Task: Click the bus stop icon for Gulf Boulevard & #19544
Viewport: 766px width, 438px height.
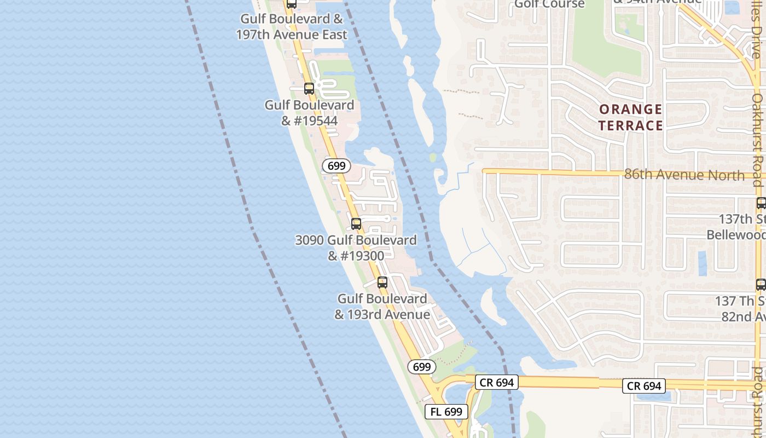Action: (x=309, y=88)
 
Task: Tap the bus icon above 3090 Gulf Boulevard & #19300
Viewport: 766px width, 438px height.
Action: (x=356, y=223)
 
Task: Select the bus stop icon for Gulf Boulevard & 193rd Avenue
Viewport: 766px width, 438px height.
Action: (x=382, y=283)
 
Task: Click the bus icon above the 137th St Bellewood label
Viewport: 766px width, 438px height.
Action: (x=761, y=203)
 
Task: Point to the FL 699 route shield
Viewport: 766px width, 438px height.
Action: (x=446, y=412)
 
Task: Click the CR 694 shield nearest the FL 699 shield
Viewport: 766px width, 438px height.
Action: (x=496, y=382)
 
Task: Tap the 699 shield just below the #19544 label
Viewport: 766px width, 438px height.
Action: (x=336, y=166)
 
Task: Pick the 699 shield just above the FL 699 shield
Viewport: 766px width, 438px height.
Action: (x=422, y=367)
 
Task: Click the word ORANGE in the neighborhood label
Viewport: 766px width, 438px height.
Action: (x=630, y=109)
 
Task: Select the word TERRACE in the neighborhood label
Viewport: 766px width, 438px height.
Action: (x=630, y=125)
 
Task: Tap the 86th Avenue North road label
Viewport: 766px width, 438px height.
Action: (x=684, y=175)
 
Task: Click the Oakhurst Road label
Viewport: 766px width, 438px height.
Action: (x=757, y=140)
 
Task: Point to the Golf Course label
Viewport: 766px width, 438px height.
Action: (x=549, y=4)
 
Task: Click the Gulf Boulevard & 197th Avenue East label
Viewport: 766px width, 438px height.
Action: (x=292, y=27)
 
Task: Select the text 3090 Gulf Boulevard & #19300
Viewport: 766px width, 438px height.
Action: (x=356, y=247)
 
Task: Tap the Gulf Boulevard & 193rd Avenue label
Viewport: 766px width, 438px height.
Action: (x=382, y=307)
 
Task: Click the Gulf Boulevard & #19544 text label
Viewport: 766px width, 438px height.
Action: (x=309, y=112)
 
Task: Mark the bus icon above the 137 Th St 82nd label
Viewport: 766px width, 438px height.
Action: (x=761, y=285)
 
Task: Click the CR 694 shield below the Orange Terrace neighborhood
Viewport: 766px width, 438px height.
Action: (x=644, y=386)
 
